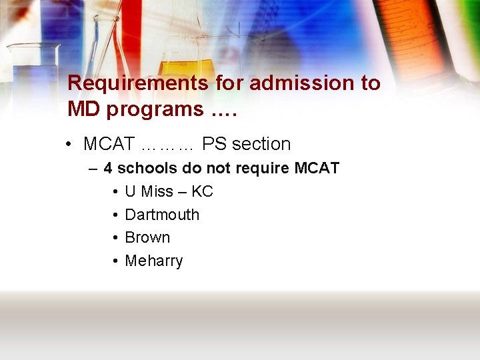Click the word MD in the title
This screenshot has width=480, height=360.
[83, 109]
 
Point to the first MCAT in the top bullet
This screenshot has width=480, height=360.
[109, 144]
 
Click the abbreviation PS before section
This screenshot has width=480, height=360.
[214, 144]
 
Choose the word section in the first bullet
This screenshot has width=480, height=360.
[261, 144]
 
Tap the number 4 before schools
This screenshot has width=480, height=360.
[108, 169]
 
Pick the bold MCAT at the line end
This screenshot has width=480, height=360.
[317, 169]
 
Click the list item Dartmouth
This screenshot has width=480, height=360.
[162, 215]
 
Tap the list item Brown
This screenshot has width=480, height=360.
[147, 238]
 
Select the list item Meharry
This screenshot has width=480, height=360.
[154, 261]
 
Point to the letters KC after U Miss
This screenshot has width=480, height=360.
[202, 192]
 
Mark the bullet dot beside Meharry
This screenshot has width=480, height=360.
[115, 261]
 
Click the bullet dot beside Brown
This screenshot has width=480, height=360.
[115, 238]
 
